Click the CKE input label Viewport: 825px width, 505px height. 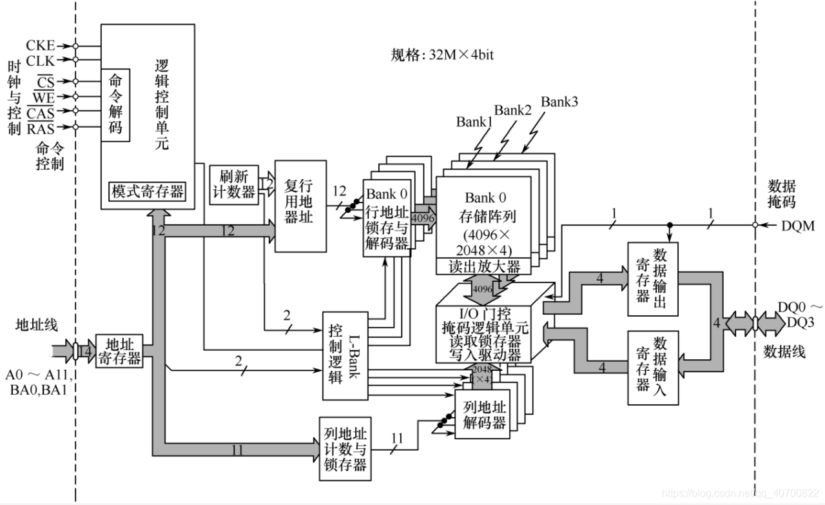[x=40, y=46]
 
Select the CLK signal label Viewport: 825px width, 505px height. [x=40, y=61]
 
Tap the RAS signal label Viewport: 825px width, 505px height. [x=40, y=128]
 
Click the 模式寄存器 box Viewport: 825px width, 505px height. [x=148, y=191]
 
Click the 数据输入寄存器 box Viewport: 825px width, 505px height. [x=652, y=367]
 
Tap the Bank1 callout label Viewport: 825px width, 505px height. [x=474, y=121]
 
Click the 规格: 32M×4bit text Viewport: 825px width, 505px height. [x=443, y=55]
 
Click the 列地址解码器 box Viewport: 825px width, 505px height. [x=484, y=415]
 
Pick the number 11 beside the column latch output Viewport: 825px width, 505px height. [x=396, y=439]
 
